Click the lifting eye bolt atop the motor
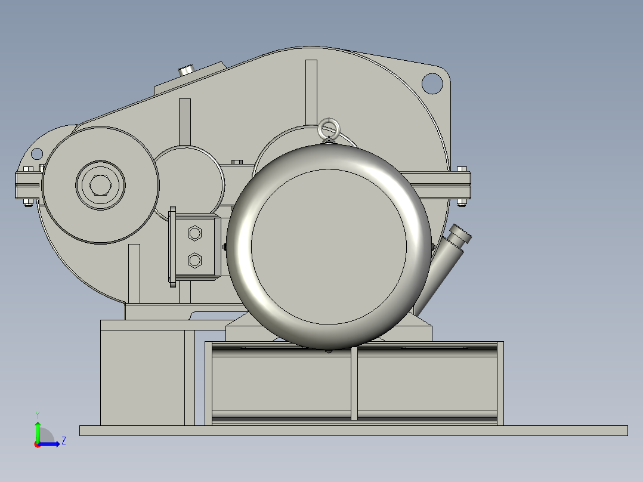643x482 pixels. point(327,129)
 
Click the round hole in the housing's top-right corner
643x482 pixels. point(432,82)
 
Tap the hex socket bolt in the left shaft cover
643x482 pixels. point(100,186)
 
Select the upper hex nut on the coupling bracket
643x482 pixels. point(194,233)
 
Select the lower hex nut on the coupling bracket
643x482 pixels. point(194,260)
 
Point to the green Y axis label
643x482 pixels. point(37,414)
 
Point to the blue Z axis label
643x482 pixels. point(63,441)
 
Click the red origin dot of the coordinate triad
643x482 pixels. point(37,444)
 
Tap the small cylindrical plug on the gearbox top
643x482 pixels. point(187,70)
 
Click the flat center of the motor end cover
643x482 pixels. point(329,247)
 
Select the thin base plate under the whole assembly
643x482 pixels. point(353,431)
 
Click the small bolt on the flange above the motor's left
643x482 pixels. point(237,162)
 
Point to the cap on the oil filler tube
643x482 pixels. point(460,235)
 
